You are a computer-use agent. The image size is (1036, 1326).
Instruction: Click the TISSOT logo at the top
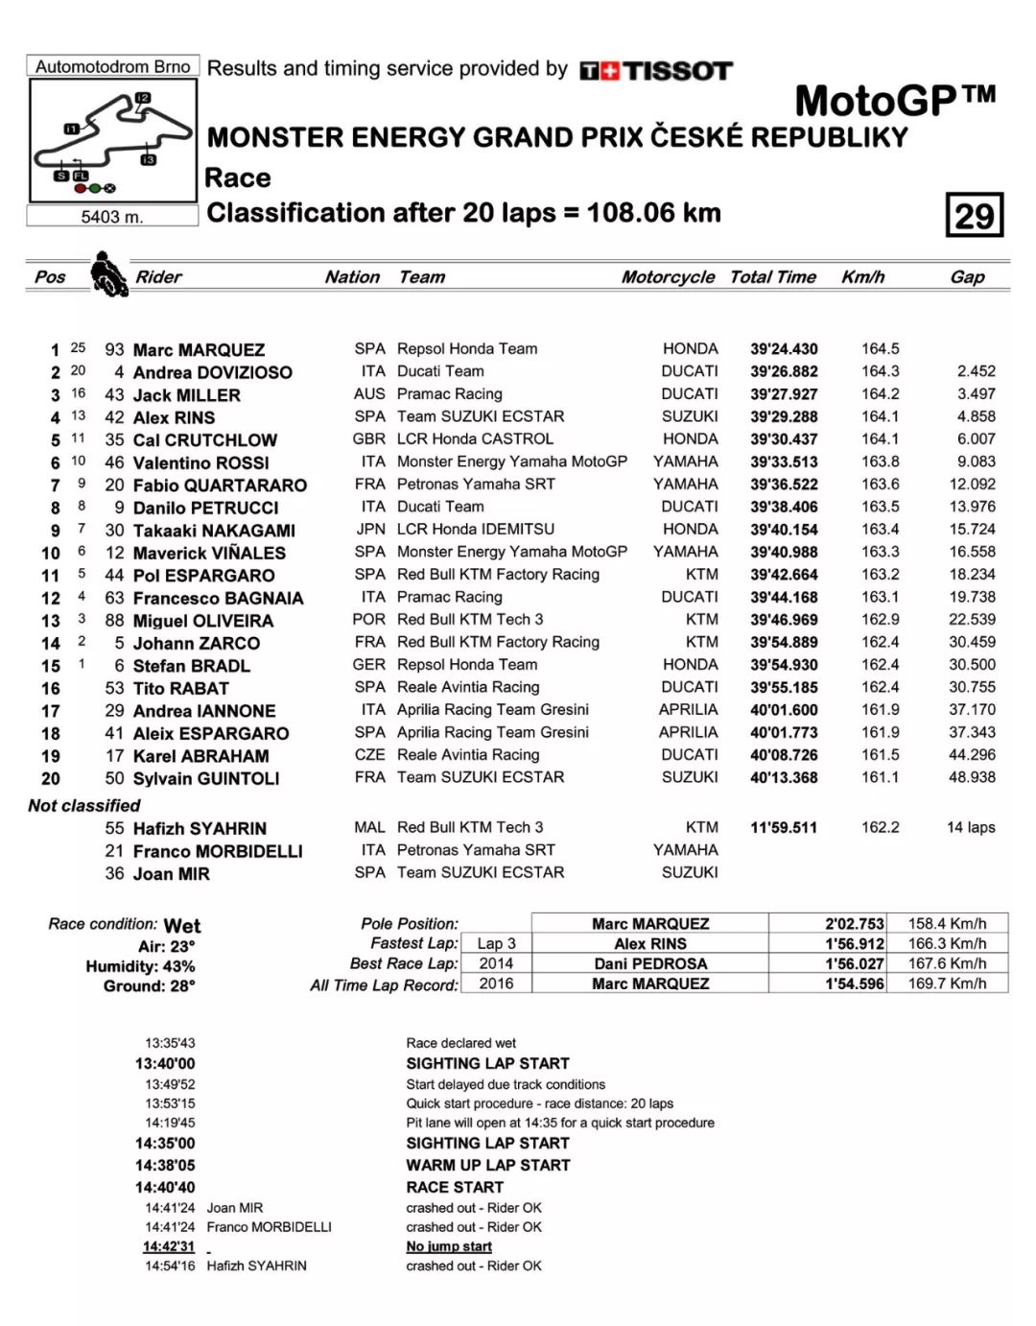pyautogui.click(x=656, y=71)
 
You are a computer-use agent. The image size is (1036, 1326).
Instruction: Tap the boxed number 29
pyautogui.click(x=974, y=215)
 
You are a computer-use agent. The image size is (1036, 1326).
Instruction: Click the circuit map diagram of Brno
pyautogui.click(x=113, y=140)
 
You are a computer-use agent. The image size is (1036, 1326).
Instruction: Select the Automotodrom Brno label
pyautogui.click(x=113, y=66)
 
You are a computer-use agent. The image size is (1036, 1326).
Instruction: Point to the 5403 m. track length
pyautogui.click(x=112, y=217)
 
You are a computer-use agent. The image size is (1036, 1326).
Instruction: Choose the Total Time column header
pyautogui.click(x=772, y=277)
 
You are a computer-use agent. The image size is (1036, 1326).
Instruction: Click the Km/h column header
pyautogui.click(x=862, y=277)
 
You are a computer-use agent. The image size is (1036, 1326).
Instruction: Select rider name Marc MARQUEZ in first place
pyautogui.click(x=199, y=350)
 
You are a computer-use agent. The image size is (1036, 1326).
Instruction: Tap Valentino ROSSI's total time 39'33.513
pyautogui.click(x=784, y=462)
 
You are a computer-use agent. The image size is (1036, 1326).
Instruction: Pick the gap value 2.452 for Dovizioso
pyautogui.click(x=976, y=371)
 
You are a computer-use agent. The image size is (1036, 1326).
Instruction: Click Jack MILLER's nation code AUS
pyautogui.click(x=369, y=394)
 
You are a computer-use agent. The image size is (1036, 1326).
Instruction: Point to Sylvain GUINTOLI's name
pyautogui.click(x=206, y=778)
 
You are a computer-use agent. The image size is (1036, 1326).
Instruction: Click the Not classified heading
pyautogui.click(x=84, y=806)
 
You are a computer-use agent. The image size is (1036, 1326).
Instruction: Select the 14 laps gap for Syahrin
pyautogui.click(x=971, y=828)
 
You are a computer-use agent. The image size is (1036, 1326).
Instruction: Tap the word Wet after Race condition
pyautogui.click(x=182, y=926)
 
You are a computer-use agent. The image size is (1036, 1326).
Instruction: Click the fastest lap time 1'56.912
pyautogui.click(x=854, y=944)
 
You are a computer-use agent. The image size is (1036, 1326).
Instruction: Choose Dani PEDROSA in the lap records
pyautogui.click(x=649, y=964)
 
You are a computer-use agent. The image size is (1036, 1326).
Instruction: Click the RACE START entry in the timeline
pyautogui.click(x=455, y=1187)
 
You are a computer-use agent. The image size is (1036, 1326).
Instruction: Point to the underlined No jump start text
pyautogui.click(x=449, y=1246)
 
